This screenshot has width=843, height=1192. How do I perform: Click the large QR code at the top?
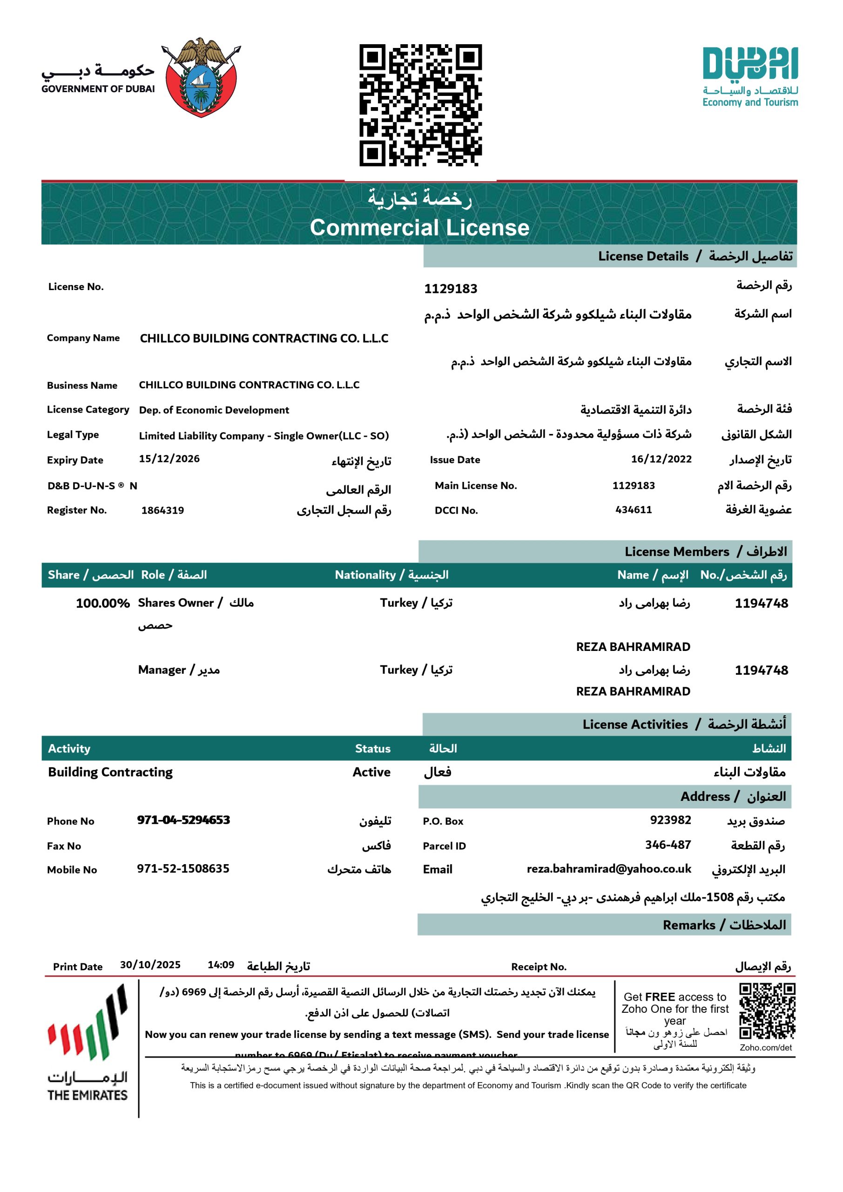click(x=420, y=105)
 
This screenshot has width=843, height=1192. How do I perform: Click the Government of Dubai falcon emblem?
click(x=202, y=77)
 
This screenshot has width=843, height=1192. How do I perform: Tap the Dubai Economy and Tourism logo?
click(x=750, y=77)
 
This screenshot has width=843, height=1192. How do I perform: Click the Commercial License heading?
click(x=419, y=227)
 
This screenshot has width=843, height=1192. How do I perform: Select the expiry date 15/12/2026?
click(x=169, y=459)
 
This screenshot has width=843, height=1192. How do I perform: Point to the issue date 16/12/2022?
click(x=661, y=459)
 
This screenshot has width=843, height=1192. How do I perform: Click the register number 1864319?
click(x=162, y=510)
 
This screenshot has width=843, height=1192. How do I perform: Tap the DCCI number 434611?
click(x=633, y=510)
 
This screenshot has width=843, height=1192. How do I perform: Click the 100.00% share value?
click(x=103, y=603)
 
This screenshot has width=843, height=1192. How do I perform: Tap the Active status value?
click(x=371, y=772)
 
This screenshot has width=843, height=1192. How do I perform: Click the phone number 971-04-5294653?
click(x=183, y=820)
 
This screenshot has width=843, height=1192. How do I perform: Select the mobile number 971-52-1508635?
click(x=183, y=868)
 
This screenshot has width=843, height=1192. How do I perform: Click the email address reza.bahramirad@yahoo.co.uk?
click(x=609, y=869)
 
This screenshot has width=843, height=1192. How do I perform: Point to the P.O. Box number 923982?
click(x=671, y=820)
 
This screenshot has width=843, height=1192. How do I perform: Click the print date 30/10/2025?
click(x=150, y=965)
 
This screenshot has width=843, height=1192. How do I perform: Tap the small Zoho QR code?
click(x=767, y=1011)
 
